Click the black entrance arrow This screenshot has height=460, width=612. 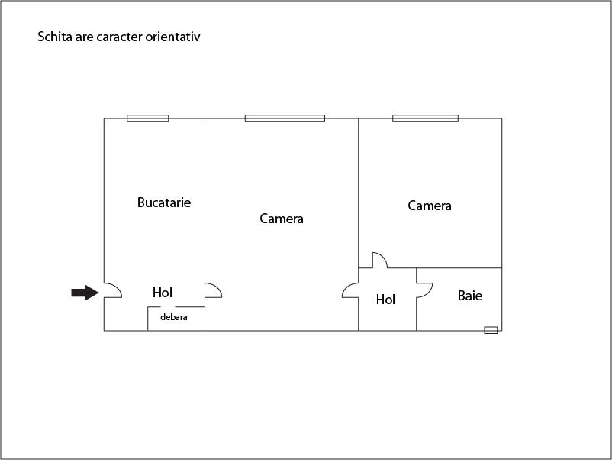pos(85,293)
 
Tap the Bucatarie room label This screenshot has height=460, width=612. pos(164,202)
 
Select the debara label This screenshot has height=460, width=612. pos(174,317)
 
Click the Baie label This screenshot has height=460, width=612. pos(470,296)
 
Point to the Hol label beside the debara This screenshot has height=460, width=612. pos(163,293)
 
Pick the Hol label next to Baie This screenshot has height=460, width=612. pos(385,300)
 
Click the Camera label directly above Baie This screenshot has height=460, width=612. pos(430,206)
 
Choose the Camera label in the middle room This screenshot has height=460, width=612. pos(282,219)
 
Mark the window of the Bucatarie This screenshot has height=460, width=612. pos(148,118)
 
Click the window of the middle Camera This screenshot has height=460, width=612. pos(285,118)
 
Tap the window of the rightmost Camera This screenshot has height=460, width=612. pos(426,118)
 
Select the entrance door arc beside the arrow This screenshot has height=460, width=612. pos(113,290)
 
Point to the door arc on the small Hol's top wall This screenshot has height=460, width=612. pos(380,261)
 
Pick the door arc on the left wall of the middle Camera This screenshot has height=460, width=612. pos(214,290)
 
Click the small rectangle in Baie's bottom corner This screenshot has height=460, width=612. pos(491,330)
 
